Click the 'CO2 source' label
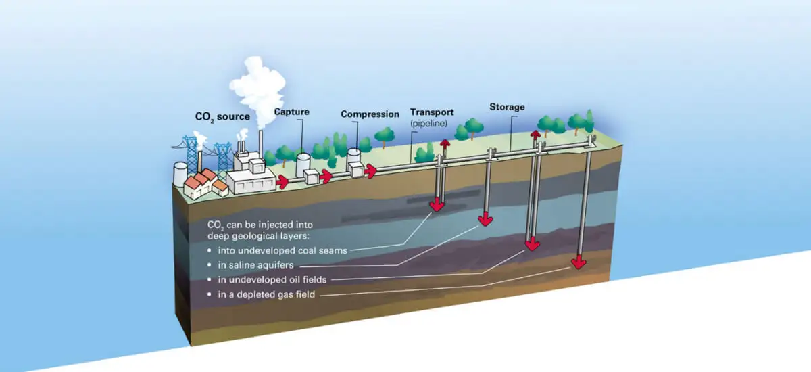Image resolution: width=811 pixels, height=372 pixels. pyautogui.click(x=222, y=116)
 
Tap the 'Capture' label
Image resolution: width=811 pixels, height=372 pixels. pyautogui.click(x=291, y=112)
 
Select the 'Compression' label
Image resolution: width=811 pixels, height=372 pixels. pyautogui.click(x=370, y=114)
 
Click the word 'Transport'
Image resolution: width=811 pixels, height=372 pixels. pyautogui.click(x=432, y=112)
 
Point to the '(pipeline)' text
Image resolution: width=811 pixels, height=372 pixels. pyautogui.click(x=428, y=124)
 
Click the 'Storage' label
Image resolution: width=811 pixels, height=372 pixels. pyautogui.click(x=507, y=107)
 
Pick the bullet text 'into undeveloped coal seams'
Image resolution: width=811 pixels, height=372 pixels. pyautogui.click(x=282, y=251)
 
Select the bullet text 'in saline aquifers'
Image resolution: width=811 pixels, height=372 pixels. pyautogui.click(x=255, y=265)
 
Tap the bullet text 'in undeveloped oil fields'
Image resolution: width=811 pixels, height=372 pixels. pyautogui.click(x=272, y=279)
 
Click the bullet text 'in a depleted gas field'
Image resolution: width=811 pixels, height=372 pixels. pyautogui.click(x=266, y=294)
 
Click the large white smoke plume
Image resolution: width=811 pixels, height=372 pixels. pyautogui.click(x=257, y=89)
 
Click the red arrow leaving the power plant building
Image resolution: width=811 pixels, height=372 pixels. pyautogui.click(x=282, y=181)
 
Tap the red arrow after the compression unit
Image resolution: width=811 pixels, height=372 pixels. pyautogui.click(x=370, y=170)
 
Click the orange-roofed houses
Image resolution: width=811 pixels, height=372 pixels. pyautogui.click(x=205, y=184)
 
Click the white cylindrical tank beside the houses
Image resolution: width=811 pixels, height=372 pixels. pyautogui.click(x=180, y=174)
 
